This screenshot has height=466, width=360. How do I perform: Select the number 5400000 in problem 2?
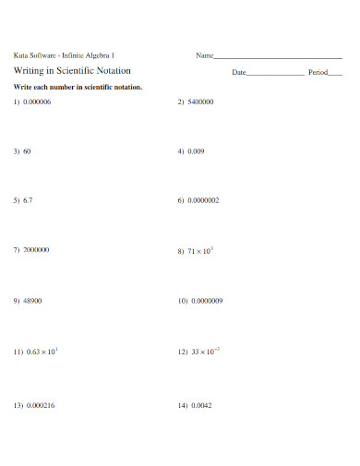201,102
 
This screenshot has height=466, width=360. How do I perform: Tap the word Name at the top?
204,55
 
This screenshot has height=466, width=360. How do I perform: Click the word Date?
238,72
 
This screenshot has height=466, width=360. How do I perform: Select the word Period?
318,72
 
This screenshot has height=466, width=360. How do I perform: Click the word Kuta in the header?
20,55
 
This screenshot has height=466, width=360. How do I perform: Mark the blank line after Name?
278,57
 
